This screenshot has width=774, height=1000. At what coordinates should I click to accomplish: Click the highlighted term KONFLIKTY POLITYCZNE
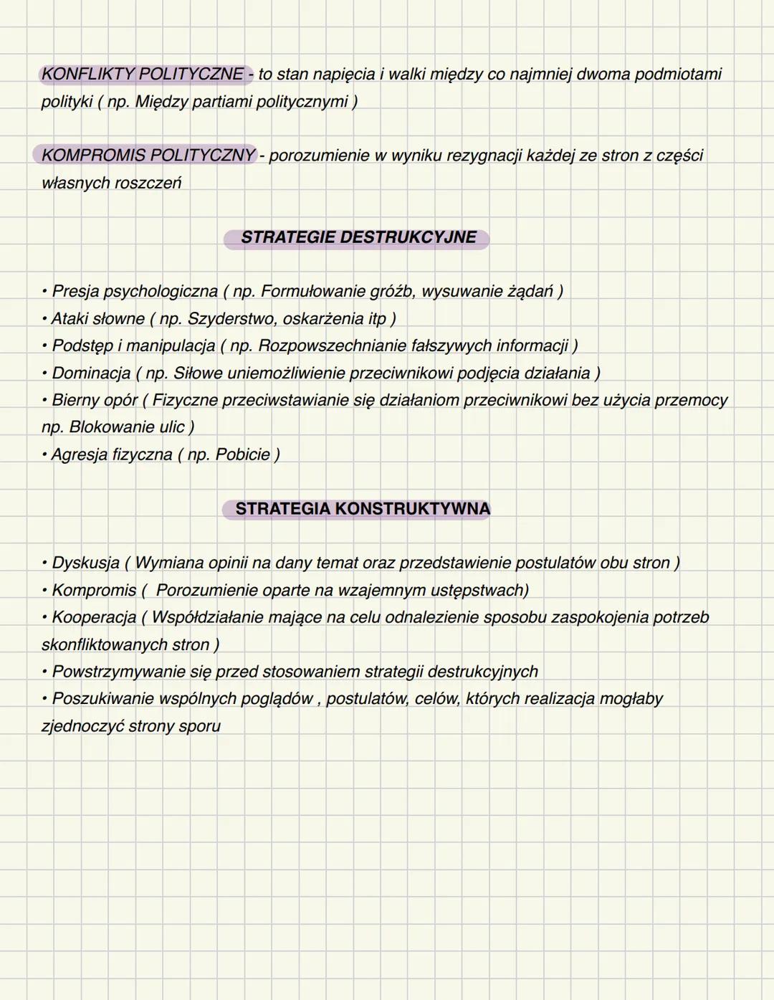143,74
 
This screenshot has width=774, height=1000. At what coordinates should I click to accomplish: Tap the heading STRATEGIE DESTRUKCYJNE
358,237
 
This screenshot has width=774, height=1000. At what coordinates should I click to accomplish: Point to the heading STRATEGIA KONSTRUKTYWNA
363,509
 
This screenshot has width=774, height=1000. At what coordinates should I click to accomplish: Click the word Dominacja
91,373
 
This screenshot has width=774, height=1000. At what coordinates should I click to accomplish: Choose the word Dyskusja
85,563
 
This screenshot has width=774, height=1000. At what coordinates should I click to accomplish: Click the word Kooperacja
94,617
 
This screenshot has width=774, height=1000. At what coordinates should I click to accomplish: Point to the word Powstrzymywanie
118,672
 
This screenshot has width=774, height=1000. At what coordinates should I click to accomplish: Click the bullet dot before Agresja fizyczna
45,454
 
